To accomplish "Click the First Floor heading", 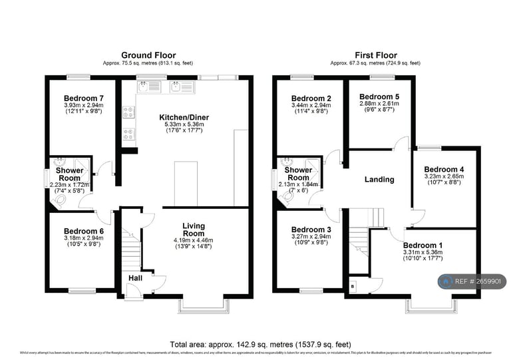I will (375, 55).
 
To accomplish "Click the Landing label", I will (379, 179).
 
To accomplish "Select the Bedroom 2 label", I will (311, 98).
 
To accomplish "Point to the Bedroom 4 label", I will (444, 169).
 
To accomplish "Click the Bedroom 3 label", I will (311, 230).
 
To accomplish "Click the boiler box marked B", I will (352, 286).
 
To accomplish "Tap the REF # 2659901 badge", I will (472, 281).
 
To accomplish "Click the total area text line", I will (260, 344).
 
